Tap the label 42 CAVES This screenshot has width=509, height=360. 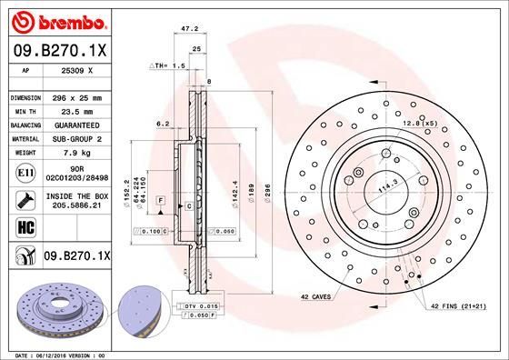[314, 296]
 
